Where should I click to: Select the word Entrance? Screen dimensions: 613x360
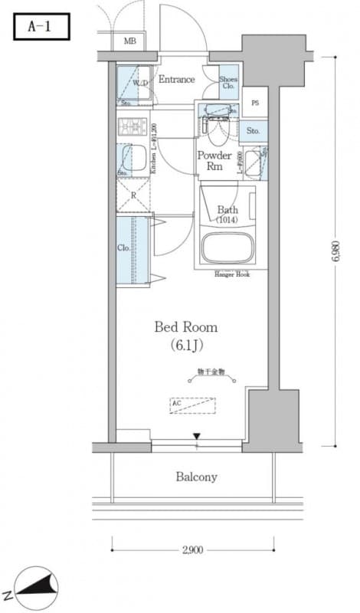[x=176, y=79]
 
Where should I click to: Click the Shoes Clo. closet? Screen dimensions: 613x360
[x=228, y=81]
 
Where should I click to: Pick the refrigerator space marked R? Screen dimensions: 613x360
[x=133, y=196]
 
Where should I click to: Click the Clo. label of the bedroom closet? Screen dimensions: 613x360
[x=123, y=248]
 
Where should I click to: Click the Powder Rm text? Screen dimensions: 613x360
[x=214, y=161]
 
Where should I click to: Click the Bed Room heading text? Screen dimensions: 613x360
[x=185, y=327]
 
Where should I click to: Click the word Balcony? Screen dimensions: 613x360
[x=197, y=477]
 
